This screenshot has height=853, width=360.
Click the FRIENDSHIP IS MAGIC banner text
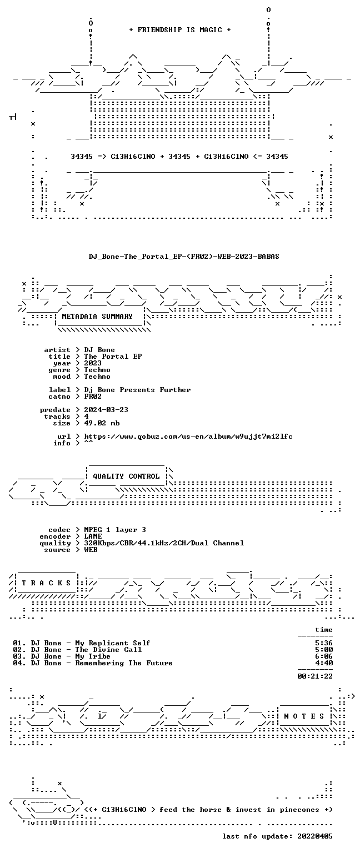tap(180, 29)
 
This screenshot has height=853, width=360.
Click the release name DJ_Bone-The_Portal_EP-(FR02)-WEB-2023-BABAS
tap(184, 256)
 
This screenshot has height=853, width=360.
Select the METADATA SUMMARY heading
tap(97, 316)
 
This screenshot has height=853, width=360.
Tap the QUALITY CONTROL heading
tap(126, 476)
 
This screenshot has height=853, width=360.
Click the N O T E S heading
tap(304, 716)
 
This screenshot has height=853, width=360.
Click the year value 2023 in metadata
tap(93, 363)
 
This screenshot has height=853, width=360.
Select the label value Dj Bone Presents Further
tap(137, 389)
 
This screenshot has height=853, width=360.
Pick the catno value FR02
tap(93, 397)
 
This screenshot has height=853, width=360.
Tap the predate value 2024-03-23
tap(106, 410)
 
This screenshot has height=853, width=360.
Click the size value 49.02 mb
tap(102, 423)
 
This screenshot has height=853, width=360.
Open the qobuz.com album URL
tap(188, 436)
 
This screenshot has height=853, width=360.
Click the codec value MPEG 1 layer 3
tap(115, 530)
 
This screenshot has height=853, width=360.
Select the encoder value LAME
tap(93, 536)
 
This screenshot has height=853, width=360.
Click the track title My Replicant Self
tap(113, 643)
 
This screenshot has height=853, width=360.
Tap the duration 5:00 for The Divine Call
tap(324, 650)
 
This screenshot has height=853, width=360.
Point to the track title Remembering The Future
tap(124, 663)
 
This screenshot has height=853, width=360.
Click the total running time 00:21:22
tap(315, 676)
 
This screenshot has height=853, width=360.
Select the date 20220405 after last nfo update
tap(315, 836)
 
